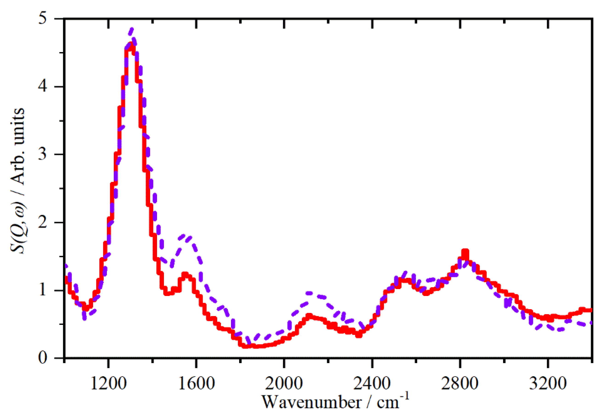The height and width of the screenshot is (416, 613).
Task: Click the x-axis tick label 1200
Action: (x=108, y=383)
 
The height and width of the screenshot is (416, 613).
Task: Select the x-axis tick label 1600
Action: (x=196, y=383)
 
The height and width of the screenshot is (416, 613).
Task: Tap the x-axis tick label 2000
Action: (x=284, y=383)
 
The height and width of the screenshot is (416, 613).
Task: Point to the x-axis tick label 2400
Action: (x=372, y=383)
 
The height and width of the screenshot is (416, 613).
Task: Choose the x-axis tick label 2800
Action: (x=459, y=383)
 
